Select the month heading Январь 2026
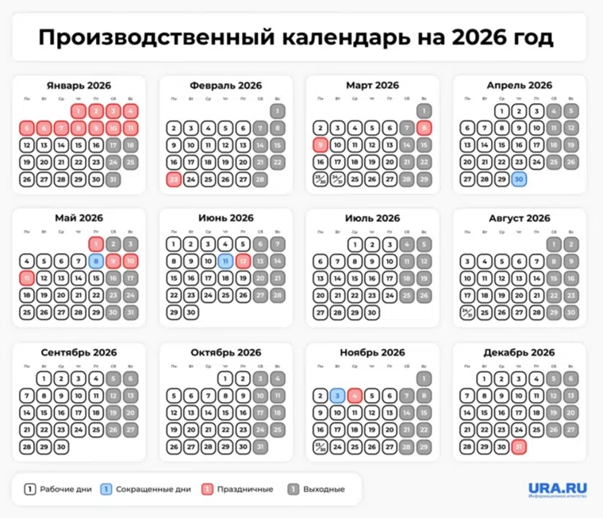click(79, 85)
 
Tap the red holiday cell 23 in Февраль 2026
click(173, 179)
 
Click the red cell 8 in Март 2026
click(424, 128)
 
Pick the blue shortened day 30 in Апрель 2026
click(519, 179)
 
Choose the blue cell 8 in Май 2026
click(96, 261)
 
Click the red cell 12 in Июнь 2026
click(243, 261)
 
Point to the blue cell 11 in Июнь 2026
click(225, 261)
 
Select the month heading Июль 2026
click(372, 218)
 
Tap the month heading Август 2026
click(519, 218)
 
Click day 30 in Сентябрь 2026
click(61, 447)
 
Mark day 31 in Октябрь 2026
click(260, 447)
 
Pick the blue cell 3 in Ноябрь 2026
click(337, 395)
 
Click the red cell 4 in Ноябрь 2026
click(355, 395)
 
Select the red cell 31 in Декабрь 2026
click(519, 447)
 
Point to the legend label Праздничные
click(246, 489)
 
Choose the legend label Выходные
click(324, 489)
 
